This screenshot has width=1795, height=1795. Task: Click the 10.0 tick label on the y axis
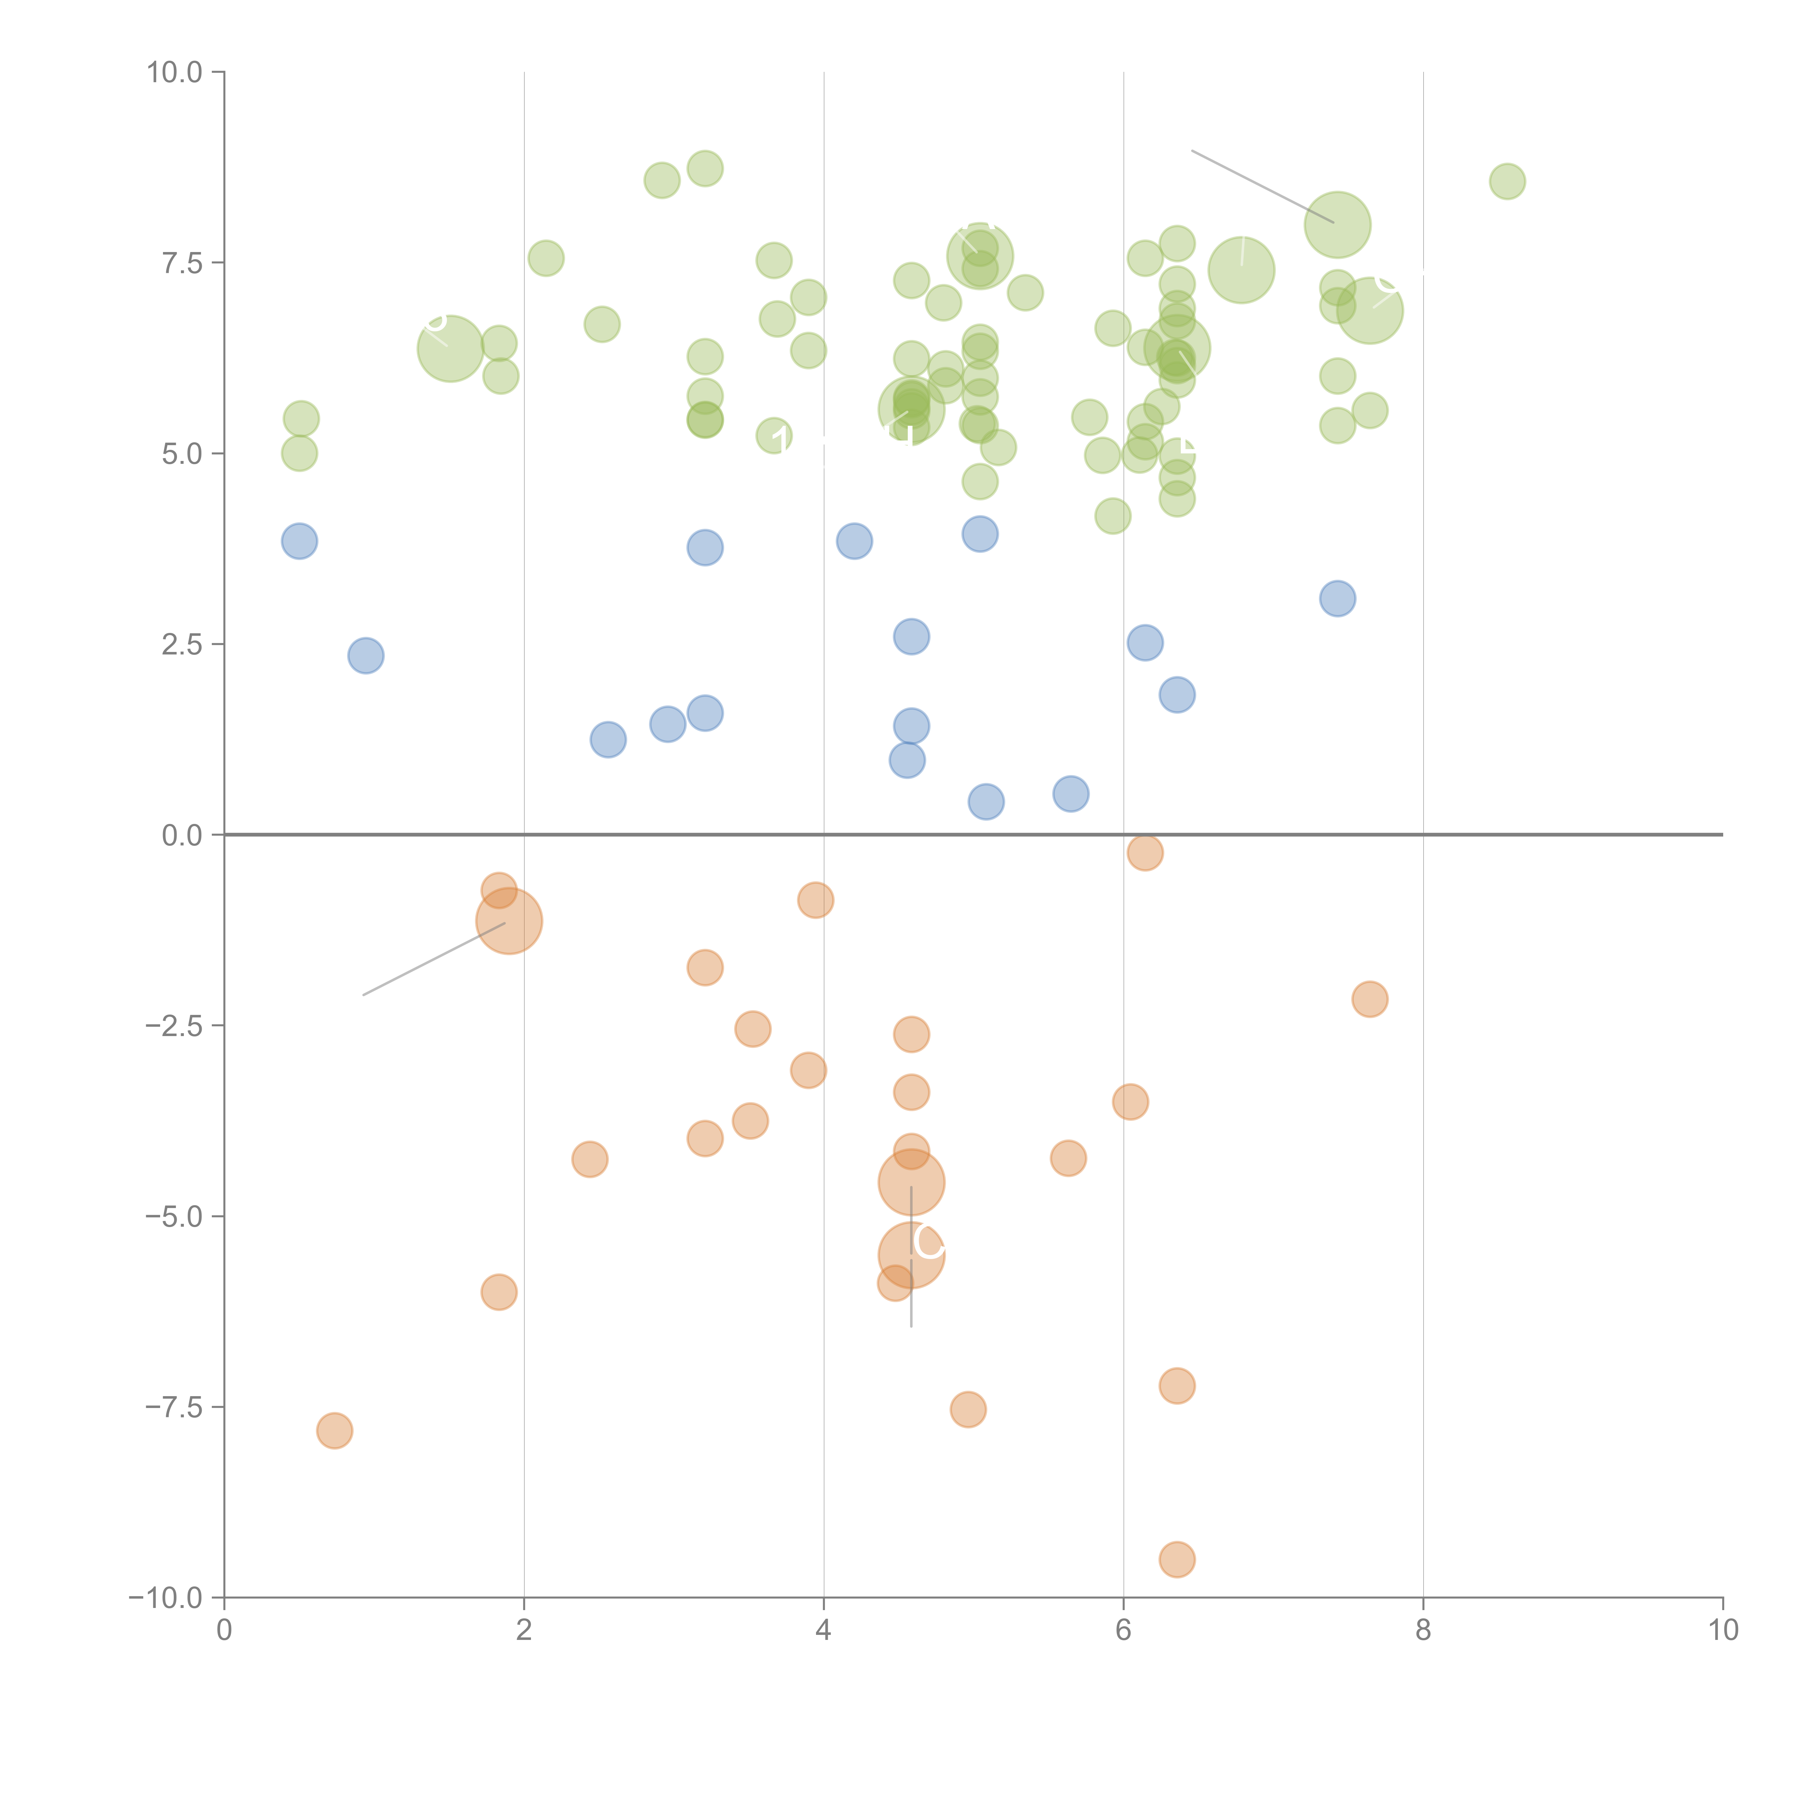pyautogui.click(x=175, y=73)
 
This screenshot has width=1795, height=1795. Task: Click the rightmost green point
pyautogui.click(x=1507, y=181)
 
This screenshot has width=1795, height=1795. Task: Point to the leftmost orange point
pyautogui.click(x=335, y=1431)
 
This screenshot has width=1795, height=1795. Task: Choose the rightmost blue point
pyautogui.click(x=1337, y=598)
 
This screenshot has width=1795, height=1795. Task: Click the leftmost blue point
pyautogui.click(x=299, y=541)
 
